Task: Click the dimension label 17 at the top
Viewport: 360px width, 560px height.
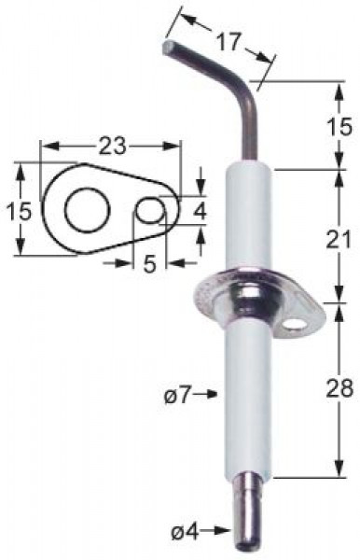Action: coord(228,42)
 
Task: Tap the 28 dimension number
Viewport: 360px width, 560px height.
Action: coord(339,388)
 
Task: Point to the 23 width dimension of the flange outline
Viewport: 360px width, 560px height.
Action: coord(112,146)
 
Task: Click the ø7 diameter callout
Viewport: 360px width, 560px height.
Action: coord(176,396)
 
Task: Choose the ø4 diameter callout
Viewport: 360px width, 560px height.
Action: coord(185,533)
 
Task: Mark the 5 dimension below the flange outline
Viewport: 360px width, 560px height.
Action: coord(149,264)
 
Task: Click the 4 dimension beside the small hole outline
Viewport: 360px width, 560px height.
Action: coord(200,211)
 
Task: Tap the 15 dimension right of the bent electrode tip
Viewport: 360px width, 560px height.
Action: coord(339,126)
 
